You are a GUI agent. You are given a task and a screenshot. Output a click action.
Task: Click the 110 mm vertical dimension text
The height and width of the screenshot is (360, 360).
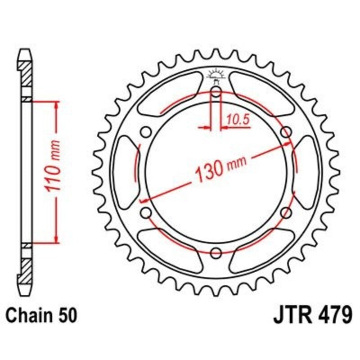53,172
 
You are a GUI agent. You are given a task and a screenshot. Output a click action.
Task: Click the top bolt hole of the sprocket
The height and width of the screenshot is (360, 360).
216,93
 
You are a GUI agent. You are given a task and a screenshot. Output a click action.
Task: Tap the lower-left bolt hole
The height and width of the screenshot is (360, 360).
145,212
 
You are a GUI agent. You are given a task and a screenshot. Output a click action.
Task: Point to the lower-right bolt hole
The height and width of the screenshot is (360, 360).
285,212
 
